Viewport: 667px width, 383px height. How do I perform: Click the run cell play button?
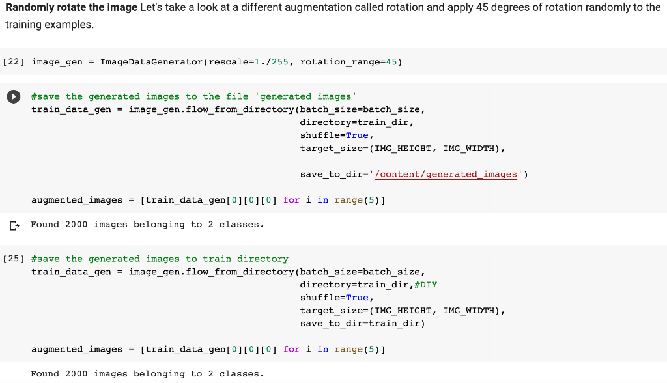click(12, 96)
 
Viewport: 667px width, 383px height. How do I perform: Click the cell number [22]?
click(14, 62)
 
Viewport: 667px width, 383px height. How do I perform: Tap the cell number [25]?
click(14, 259)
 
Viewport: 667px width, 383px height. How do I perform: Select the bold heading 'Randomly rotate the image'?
click(72, 8)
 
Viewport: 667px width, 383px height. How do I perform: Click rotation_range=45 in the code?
click(351, 62)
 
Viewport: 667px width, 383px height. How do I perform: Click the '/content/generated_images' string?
click(446, 174)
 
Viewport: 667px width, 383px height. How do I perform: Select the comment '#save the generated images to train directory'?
click(160, 259)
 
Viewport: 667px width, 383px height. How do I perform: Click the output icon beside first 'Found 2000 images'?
click(14, 226)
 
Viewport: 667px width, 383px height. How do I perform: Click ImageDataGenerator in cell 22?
click(151, 62)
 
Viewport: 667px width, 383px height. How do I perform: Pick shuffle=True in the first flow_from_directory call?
click(335, 135)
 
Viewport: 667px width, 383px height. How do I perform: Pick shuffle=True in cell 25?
click(335, 298)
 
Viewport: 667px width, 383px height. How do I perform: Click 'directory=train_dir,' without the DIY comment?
click(357, 122)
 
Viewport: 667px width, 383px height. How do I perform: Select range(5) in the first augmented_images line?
click(358, 200)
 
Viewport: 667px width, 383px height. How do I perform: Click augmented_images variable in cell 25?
click(77, 349)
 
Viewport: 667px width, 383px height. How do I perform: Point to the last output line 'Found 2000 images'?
click(147, 374)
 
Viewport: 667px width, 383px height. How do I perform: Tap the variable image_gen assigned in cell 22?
click(57, 62)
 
